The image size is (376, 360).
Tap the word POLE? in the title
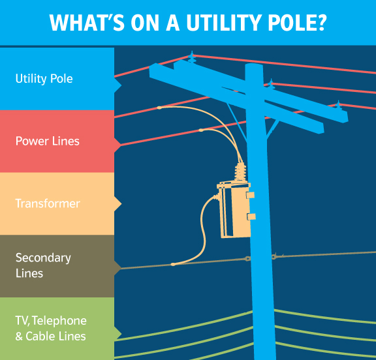(x=297, y=22)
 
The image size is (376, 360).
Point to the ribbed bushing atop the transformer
(x=240, y=172)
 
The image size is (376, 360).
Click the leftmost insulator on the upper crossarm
(x=191, y=57)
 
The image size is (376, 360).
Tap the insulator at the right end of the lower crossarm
(x=338, y=105)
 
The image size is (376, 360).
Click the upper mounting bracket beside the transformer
(x=249, y=194)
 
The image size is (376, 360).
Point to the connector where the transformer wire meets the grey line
(x=173, y=264)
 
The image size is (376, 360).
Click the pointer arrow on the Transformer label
(x=117, y=203)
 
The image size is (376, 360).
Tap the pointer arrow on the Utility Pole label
(x=117, y=85)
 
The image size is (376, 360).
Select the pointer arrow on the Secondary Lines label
(x=117, y=266)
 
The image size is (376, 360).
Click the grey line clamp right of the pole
(x=274, y=256)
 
